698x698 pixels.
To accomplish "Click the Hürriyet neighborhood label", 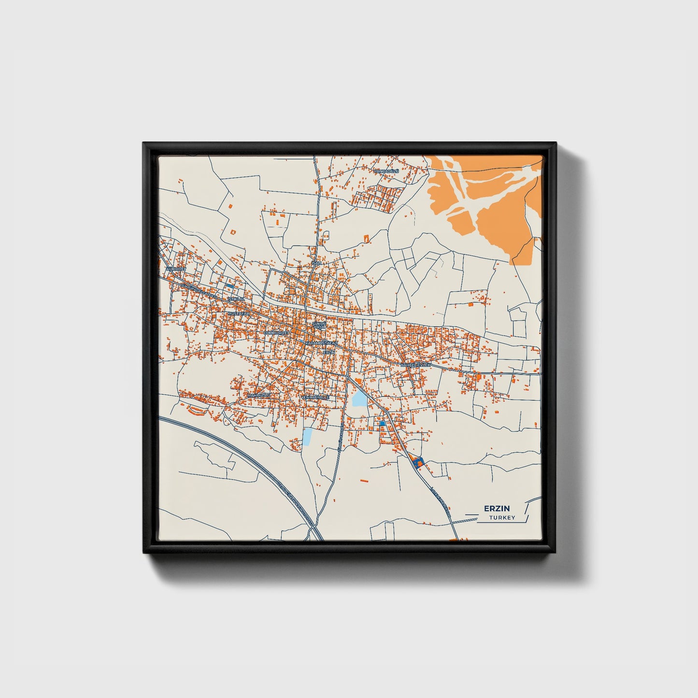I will point(175,268).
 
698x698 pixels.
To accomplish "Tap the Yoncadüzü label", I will point(387,171).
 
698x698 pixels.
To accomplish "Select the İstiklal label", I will point(237,299).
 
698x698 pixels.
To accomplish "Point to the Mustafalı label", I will point(238,313).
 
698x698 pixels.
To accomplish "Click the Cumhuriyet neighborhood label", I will point(276,333).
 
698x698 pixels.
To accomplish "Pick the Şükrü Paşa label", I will point(319,325).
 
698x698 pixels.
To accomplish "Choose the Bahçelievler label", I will point(415,365).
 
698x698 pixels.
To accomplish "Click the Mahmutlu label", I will point(257,395).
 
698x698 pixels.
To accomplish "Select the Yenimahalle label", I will point(315,397).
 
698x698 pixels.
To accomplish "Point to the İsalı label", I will point(317,263).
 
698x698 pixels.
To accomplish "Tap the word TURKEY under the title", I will point(502,518).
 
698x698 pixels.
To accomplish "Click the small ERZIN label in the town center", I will point(328,352).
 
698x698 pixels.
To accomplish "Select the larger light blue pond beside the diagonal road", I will point(359,399).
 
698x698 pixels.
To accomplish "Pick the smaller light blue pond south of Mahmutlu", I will point(307,436).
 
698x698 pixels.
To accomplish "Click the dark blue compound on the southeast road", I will point(417,461).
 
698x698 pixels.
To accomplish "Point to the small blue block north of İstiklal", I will point(229,286).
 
